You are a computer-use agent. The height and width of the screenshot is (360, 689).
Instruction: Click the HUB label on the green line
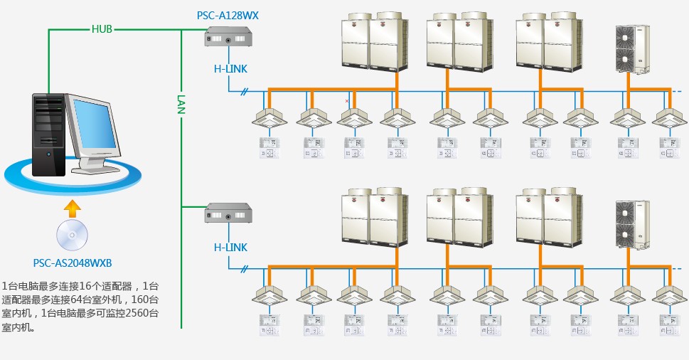click(x=102, y=29)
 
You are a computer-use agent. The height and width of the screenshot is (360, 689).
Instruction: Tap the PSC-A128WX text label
click(x=228, y=15)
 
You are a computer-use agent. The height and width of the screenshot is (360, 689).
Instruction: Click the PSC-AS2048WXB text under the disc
click(x=73, y=262)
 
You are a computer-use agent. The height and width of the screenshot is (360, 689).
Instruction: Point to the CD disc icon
click(x=73, y=235)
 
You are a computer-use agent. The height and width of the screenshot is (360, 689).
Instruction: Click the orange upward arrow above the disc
click(x=72, y=208)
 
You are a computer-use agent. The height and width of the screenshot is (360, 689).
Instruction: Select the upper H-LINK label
click(x=231, y=68)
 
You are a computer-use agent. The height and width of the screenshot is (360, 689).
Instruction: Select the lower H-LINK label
click(x=231, y=248)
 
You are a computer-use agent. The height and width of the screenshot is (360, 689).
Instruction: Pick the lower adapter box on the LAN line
click(x=228, y=213)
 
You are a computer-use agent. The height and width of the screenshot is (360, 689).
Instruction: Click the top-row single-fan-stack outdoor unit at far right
click(x=632, y=49)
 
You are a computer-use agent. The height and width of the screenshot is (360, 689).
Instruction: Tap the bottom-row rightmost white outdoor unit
click(x=632, y=225)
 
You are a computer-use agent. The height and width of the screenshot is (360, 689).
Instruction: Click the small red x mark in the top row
click(x=347, y=101)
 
